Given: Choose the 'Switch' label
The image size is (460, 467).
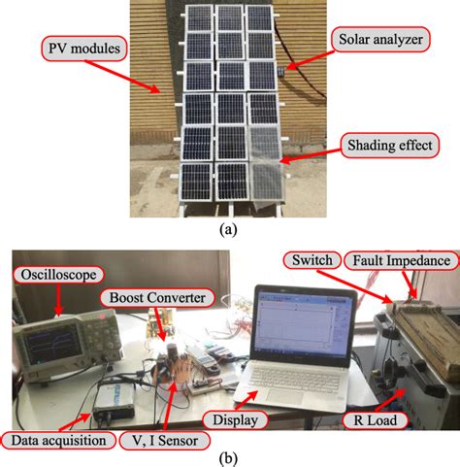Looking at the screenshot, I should [308, 260].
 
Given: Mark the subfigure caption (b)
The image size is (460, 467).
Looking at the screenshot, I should [228, 458].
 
